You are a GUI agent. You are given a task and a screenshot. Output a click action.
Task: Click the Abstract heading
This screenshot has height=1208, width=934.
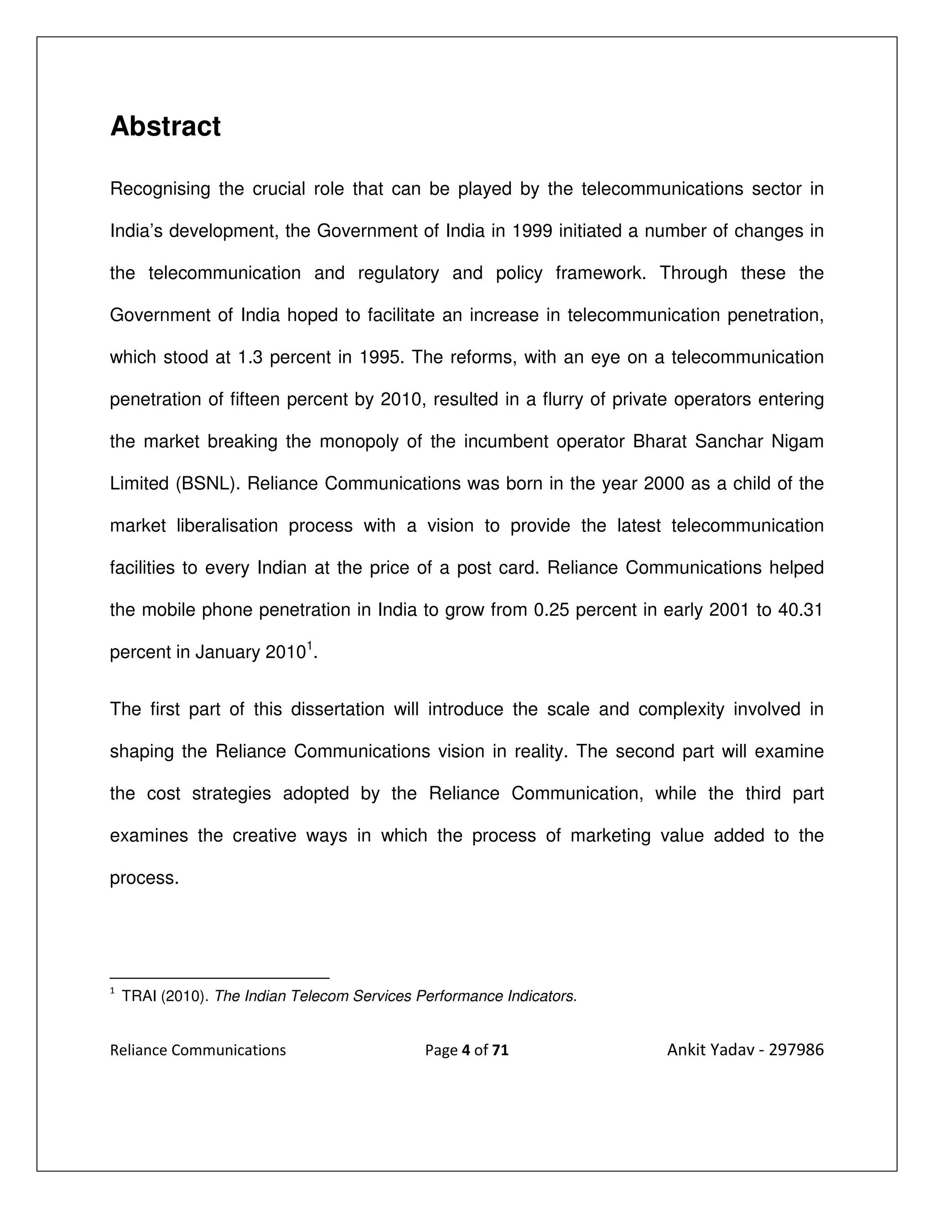click(x=166, y=127)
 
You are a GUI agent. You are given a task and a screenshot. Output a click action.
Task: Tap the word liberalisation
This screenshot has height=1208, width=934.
click(x=227, y=526)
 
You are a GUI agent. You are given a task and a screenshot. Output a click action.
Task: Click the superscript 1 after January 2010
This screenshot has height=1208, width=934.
click(x=310, y=645)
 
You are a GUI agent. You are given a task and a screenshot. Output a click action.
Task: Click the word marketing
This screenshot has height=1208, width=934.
click(x=610, y=836)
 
